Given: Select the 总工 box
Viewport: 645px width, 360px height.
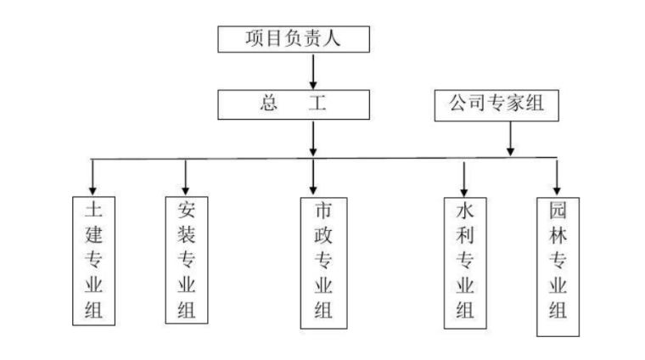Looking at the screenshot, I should pos(294,104).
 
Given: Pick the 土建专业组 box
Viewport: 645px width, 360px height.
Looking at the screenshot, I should pos(93,261).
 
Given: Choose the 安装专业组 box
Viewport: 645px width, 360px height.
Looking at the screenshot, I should pos(186,260).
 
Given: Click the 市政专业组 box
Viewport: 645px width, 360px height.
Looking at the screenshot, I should pos(323,262).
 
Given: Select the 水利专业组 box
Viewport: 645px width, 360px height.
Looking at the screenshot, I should pos(465,262).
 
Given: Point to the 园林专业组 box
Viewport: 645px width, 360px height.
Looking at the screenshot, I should pos(558,261).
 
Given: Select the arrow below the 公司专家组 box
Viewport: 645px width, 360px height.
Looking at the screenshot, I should pos(510,138).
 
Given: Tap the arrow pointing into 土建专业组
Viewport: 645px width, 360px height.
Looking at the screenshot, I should pos(93,177).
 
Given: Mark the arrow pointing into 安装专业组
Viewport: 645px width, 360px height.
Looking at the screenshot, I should pos(186,177).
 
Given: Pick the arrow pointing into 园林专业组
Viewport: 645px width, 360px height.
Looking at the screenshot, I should pos(557,177).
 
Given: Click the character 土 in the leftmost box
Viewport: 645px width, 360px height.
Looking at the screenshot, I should pos(93,209).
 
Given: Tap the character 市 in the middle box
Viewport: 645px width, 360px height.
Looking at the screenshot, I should pos(323,211).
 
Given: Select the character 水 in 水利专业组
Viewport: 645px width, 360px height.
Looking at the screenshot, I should pos(465,211).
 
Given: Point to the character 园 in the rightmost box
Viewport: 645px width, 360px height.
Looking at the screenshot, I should pos(558,210).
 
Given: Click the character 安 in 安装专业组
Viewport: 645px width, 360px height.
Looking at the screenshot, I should pos(186,209).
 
